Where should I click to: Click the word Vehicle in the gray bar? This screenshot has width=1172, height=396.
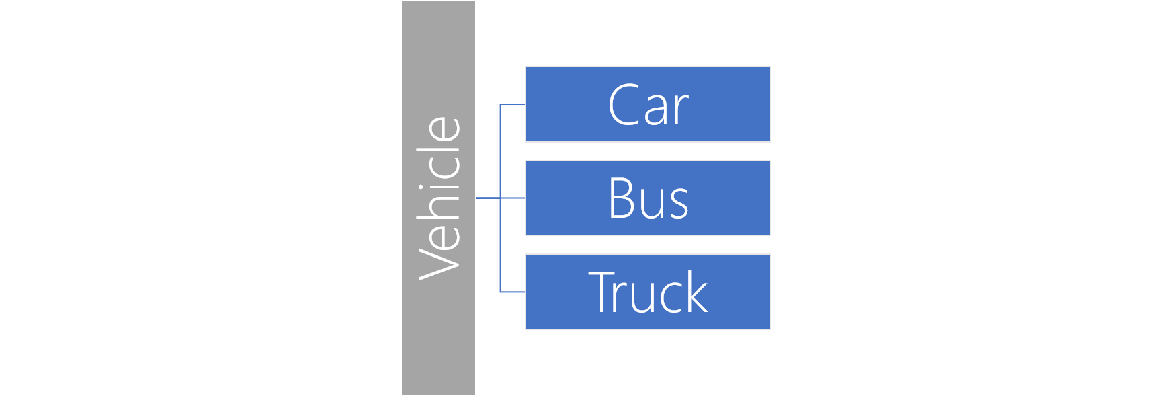(x=439, y=198)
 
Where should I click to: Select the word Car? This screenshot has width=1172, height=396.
(x=648, y=105)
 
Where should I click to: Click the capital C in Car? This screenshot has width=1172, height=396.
(x=623, y=105)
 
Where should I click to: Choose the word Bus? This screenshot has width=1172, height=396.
(x=648, y=199)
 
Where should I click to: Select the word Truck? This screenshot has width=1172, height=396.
(x=648, y=292)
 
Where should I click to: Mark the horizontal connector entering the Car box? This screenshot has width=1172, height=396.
(x=513, y=104)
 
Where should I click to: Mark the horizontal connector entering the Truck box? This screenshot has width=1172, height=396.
(x=513, y=292)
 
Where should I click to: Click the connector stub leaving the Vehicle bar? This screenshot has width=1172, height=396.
(x=488, y=198)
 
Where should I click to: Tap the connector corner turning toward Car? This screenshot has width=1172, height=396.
(x=501, y=104)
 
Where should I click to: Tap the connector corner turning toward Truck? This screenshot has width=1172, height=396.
(x=501, y=292)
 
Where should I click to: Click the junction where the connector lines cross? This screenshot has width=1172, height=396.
(x=501, y=198)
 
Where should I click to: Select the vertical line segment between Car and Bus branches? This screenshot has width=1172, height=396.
(x=501, y=151)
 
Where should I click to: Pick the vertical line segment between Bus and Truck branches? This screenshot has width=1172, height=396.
(x=501, y=245)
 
